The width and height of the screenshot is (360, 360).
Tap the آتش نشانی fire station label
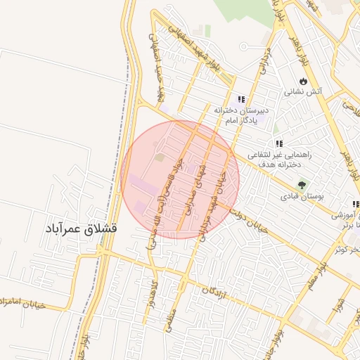coord(302,92)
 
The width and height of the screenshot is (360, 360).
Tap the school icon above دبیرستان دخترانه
coord(241,100)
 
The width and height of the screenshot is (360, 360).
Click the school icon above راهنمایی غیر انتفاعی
coord(279,144)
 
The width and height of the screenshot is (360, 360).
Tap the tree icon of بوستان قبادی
coord(302,186)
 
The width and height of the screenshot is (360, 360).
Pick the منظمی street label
coord(172,319)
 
